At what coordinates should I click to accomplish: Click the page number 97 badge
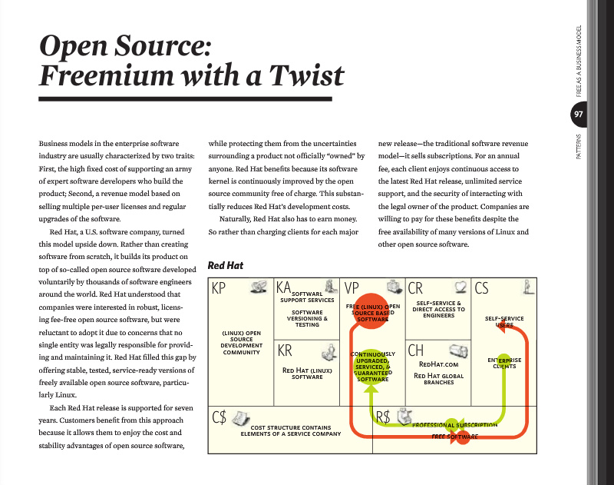pos(578,115)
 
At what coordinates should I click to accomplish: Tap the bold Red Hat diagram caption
pos(226,266)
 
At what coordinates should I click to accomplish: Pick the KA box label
pos(284,287)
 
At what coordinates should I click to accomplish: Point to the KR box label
pos(285,350)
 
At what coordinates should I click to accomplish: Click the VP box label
pos(352,288)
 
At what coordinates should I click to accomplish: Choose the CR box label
pos(415,288)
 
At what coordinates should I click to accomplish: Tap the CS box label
pos(482,288)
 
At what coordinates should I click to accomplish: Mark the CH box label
pos(416,350)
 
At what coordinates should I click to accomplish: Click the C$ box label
pos(220,417)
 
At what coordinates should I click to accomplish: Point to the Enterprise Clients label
pos(504,363)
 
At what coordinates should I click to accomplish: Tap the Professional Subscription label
pos(454,424)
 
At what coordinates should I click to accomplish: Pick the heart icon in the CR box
pos(460,287)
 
